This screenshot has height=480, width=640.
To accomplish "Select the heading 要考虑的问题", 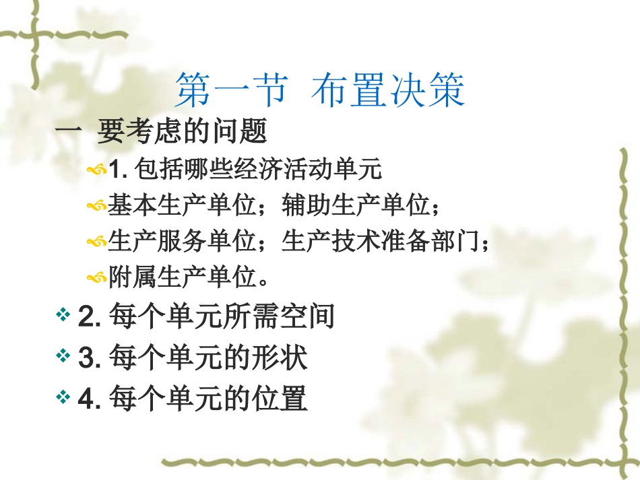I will tap(182, 131).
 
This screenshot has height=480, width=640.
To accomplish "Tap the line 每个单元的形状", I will tap(205, 357).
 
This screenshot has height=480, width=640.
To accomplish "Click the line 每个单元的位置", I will tap(205, 398).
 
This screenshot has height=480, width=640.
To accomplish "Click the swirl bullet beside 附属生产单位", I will tap(96, 277).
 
